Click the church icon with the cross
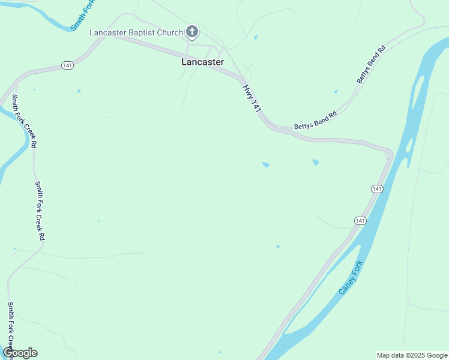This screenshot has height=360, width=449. tap(192, 32)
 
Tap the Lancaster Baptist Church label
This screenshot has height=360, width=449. tap(136, 32)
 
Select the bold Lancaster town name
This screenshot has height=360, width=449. tap(203, 62)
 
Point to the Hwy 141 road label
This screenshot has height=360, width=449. tap(252, 99)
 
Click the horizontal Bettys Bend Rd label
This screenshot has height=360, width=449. tap(315, 122)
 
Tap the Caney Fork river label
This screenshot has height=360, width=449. tap(351, 277)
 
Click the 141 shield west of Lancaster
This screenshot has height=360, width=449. tap(66, 65)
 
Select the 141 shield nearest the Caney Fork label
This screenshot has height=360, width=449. tap(360, 221)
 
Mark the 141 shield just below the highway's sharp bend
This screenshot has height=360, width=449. tap(376, 189)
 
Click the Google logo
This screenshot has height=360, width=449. tap(20, 353)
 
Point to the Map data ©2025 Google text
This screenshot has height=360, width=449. tap(412, 355)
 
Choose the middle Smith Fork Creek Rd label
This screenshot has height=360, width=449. tap(40, 211)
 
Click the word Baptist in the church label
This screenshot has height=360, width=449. tap(140, 32)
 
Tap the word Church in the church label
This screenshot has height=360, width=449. tap(170, 32)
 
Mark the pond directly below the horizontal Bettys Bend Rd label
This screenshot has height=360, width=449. tap(315, 162)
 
